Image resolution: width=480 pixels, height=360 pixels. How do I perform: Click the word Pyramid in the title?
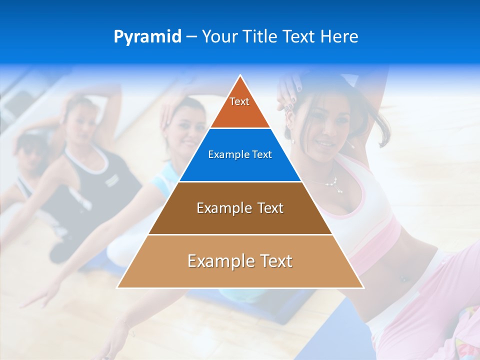coord(147,37)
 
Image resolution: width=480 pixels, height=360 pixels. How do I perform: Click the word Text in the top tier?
coord(239,101)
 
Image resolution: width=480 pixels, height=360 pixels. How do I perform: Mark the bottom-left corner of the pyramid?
coord(118,287)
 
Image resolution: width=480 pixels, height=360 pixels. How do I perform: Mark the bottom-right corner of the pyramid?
coord(362,287)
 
